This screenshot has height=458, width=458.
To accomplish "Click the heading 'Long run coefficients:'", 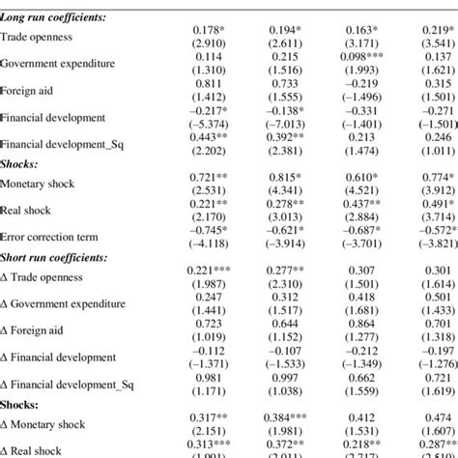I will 56,18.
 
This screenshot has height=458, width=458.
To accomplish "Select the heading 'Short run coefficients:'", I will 57,260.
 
